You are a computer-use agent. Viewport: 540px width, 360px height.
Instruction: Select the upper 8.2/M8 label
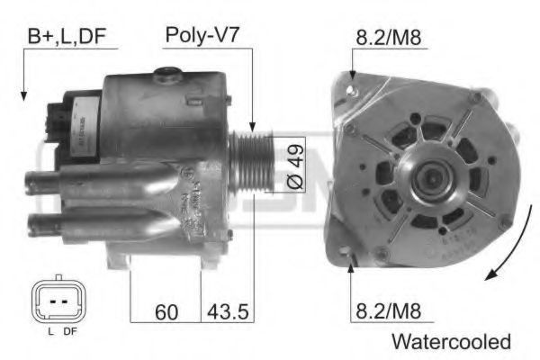click(x=389, y=37)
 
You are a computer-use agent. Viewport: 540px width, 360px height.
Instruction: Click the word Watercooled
click(x=450, y=342)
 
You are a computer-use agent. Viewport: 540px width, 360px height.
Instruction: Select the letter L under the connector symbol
click(x=47, y=332)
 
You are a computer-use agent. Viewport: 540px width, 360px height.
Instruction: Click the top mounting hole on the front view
click(x=354, y=87)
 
